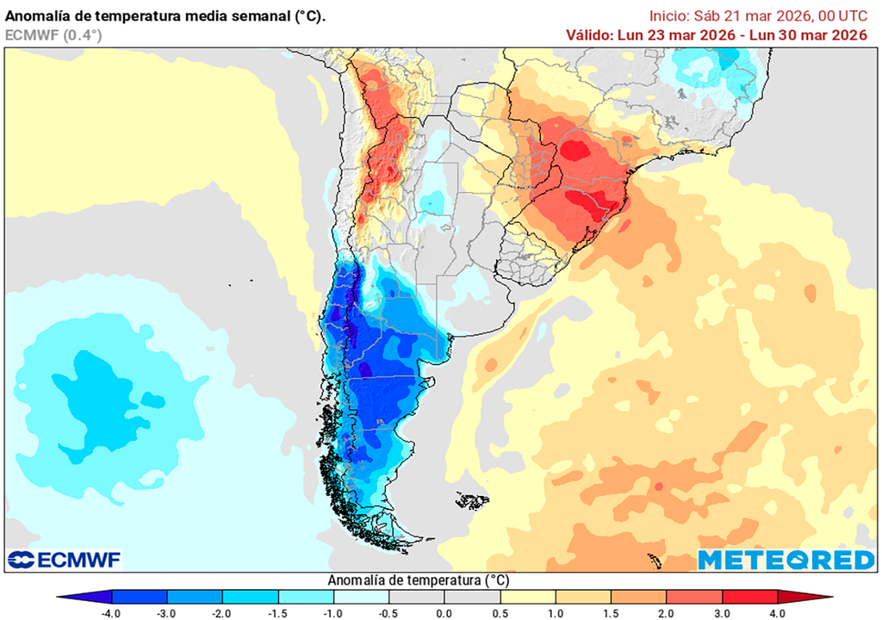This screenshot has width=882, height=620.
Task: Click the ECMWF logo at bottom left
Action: [x=65, y=560]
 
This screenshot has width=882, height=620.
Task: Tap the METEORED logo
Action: [x=786, y=560]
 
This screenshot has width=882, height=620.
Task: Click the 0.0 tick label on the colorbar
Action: [x=444, y=612]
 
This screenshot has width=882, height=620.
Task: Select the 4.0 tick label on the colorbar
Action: [x=776, y=612]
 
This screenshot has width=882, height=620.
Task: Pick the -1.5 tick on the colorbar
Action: [x=278, y=612]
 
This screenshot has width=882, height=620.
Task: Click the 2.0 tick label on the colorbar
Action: [x=666, y=612]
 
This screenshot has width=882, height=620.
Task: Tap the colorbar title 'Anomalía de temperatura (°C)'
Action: [x=417, y=580]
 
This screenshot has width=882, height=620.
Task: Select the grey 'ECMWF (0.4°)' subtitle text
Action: [x=53, y=34]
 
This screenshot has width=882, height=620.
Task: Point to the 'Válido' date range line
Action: [x=716, y=34]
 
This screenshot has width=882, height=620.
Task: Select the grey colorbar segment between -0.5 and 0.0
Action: [x=416, y=597]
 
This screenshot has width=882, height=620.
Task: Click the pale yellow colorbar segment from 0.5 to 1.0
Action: [x=527, y=597]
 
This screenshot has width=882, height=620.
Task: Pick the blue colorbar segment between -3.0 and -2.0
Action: [x=195, y=597]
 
